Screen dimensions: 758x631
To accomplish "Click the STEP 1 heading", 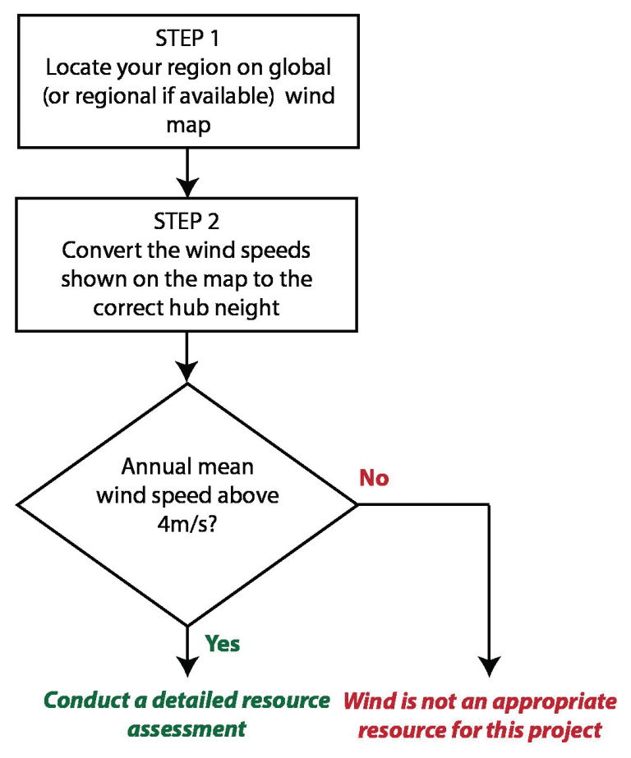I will pos(187,39).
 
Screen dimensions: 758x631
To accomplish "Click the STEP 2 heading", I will pos(187,222).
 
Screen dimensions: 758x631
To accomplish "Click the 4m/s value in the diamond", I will pos(187,525).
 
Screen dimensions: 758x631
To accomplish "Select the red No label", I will pos(374,478).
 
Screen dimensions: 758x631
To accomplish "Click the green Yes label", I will pos(222,643).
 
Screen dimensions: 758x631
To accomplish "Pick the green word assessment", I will pos(187,728).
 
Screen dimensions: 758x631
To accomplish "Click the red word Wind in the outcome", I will pos(368,701).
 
